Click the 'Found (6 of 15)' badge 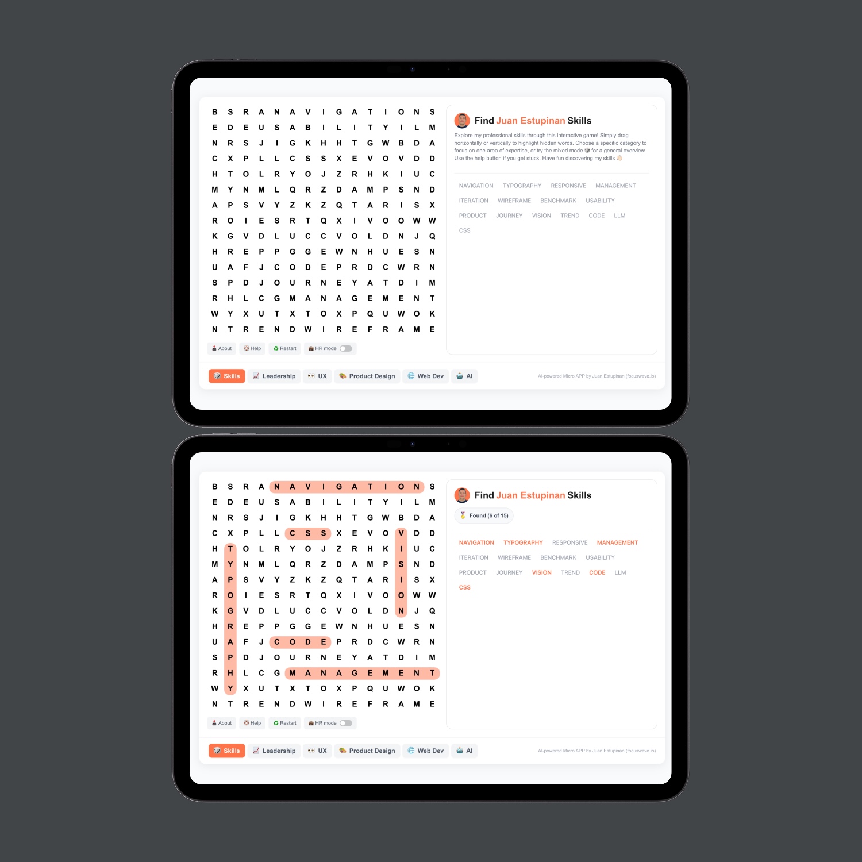484,515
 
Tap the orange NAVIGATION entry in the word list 476,542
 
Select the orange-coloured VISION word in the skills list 541,572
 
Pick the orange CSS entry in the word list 464,587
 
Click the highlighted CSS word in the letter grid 308,533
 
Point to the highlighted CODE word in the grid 300,642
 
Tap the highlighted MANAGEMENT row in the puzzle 362,673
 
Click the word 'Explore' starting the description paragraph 463,136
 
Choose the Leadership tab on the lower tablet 274,751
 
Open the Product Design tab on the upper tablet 367,376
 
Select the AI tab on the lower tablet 464,751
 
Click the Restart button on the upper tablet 285,348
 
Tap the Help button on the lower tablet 252,723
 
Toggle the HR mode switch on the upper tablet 345,348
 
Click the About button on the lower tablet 221,723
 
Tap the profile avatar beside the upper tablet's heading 462,121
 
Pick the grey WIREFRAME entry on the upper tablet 514,201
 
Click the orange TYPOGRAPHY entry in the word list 523,542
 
